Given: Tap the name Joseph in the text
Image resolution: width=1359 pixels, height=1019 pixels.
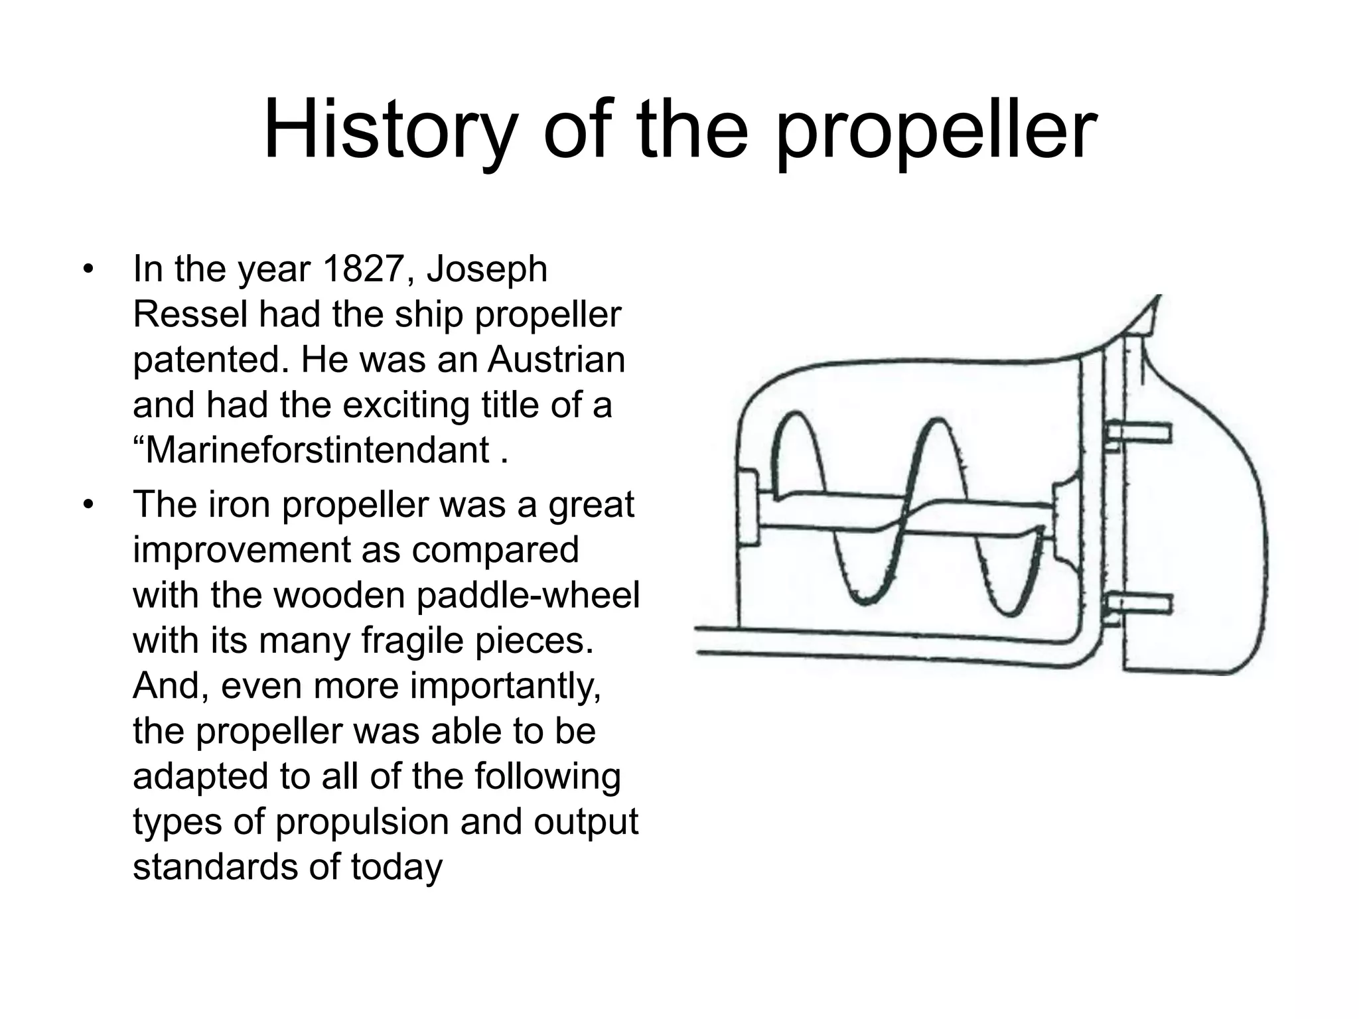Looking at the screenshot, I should [487, 269].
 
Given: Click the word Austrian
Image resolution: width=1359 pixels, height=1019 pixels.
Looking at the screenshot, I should [556, 360].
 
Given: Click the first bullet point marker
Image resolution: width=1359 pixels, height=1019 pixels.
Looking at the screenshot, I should [87, 270].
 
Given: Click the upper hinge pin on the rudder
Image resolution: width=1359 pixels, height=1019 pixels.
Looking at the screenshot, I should [1139, 434].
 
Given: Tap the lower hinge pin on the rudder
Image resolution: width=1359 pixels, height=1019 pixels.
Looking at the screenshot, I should [1139, 604].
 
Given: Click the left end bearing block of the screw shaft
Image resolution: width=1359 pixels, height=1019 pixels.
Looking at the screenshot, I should [749, 508].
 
